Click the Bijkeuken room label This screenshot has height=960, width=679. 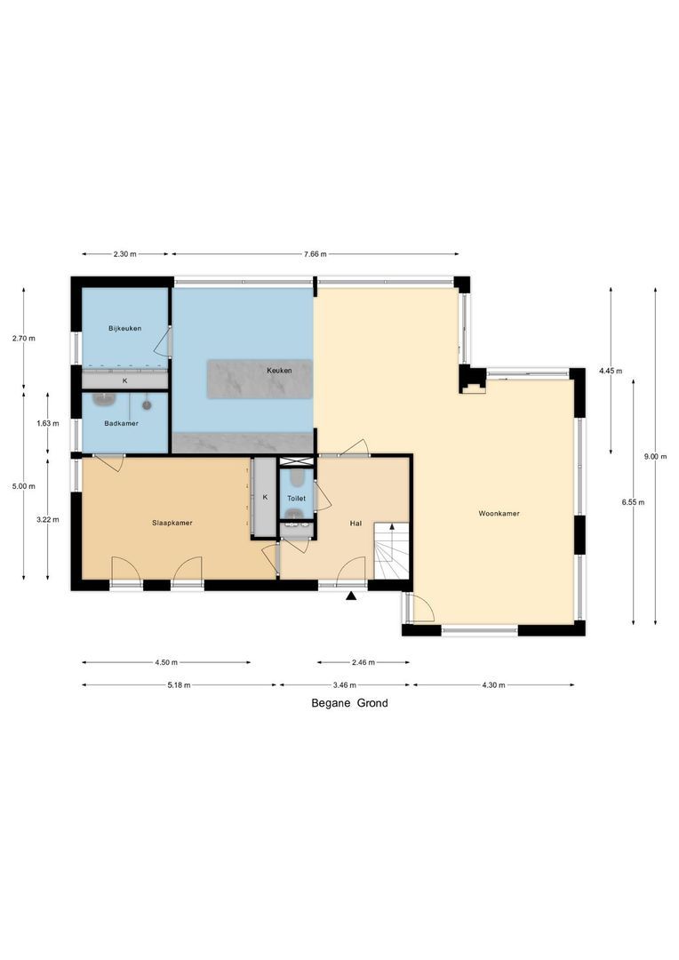(x=125, y=329)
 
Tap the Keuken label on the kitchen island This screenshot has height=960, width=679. (x=279, y=370)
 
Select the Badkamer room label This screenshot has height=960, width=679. (x=121, y=423)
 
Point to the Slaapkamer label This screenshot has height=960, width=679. (x=172, y=523)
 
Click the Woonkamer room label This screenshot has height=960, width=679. (x=499, y=514)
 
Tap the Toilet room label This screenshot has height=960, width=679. (x=296, y=499)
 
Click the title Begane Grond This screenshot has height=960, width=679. (x=349, y=703)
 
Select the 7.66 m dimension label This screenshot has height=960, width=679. (x=314, y=254)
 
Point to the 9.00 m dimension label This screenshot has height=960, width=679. (x=655, y=457)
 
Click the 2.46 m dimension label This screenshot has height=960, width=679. (x=362, y=662)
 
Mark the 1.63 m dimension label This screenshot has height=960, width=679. (x=48, y=423)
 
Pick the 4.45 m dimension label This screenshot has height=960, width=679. (x=611, y=370)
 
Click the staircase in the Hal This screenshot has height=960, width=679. (x=391, y=550)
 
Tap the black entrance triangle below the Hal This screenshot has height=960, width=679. (x=352, y=596)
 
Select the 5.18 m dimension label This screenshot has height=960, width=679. (x=178, y=685)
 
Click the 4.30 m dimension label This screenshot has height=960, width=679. (x=492, y=685)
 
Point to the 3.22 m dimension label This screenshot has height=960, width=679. (x=48, y=519)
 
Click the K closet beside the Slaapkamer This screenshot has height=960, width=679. (x=264, y=498)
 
